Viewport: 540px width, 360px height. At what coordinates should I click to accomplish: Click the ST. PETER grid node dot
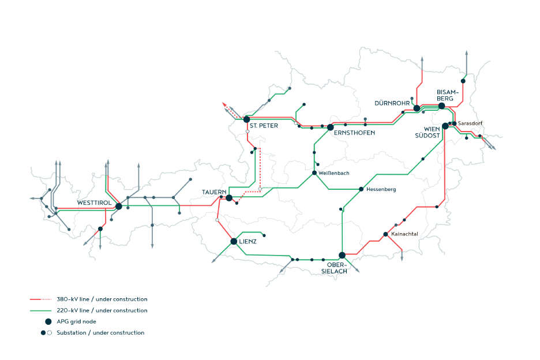pyautogui.click(x=246, y=119)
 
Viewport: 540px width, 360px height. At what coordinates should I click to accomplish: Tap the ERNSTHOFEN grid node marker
pyautogui.click(x=331, y=127)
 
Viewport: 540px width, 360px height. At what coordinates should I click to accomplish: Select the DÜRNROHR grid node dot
pyautogui.click(x=417, y=108)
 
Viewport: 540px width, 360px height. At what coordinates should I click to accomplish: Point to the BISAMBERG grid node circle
pyautogui.click(x=441, y=106)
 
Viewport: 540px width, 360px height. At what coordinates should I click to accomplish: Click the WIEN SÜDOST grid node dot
pyautogui.click(x=445, y=126)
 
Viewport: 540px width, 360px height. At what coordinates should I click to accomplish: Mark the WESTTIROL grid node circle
pyautogui.click(x=118, y=206)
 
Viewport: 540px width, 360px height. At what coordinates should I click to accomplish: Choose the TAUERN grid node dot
pyautogui.click(x=229, y=198)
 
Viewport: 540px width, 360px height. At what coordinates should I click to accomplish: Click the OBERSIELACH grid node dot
pyautogui.click(x=342, y=255)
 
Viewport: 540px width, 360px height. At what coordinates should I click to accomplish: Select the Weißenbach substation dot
pyautogui.click(x=314, y=172)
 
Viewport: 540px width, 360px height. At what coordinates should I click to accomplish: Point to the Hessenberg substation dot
pyautogui.click(x=361, y=189)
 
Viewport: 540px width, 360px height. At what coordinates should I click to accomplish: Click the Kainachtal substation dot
pyautogui.click(x=385, y=234)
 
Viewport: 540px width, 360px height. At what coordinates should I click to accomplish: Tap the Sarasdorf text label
pyautogui.click(x=470, y=123)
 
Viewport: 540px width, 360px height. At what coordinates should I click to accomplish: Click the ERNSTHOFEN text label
pyautogui.click(x=354, y=133)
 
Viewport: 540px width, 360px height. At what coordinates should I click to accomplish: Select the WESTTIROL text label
pyautogui.click(x=95, y=203)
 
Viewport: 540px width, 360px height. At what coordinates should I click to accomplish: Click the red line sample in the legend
pyautogui.click(x=42, y=299)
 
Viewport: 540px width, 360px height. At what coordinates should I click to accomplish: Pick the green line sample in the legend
pyautogui.click(x=42, y=310)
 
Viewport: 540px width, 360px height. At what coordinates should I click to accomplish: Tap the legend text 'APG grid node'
pyautogui.click(x=77, y=321)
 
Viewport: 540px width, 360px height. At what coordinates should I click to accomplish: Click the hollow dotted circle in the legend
pyautogui.click(x=50, y=333)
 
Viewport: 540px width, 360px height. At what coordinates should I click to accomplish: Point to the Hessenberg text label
pyautogui.click(x=381, y=189)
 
